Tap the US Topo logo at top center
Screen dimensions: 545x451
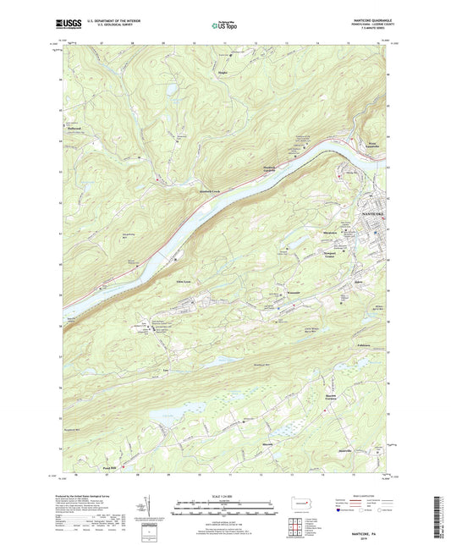pos(224,25)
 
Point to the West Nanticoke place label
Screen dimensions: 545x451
pos(377,146)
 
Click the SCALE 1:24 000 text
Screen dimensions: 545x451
pos(224,495)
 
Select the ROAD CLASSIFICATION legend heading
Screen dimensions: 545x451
pos(376,494)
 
